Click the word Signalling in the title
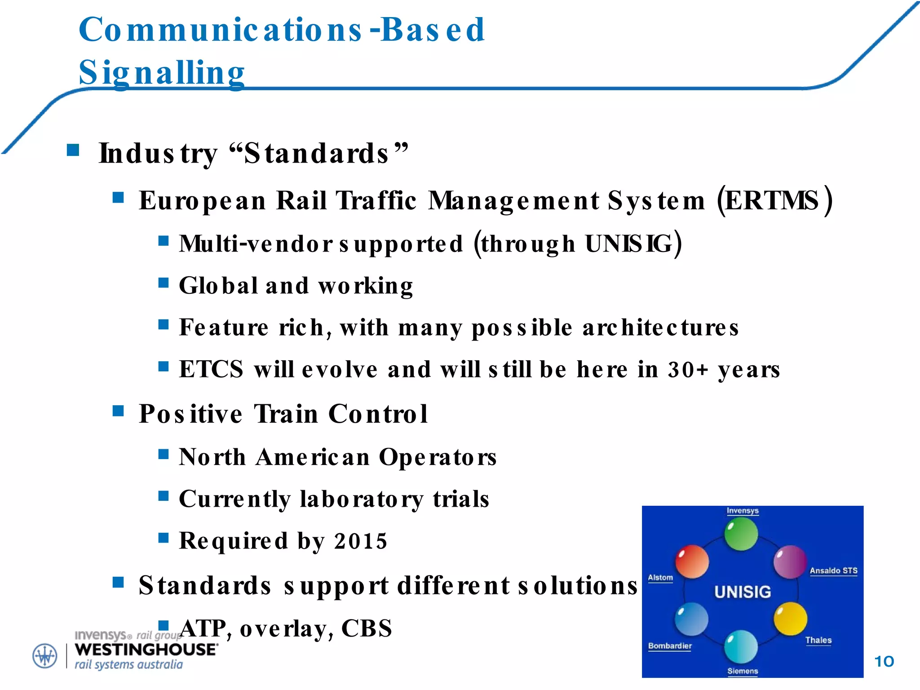(x=162, y=73)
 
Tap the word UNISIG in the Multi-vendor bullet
(x=629, y=244)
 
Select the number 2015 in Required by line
(x=360, y=541)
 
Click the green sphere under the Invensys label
(x=741, y=534)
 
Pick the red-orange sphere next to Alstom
(x=692, y=562)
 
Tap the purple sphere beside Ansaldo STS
(x=790, y=562)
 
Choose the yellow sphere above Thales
(x=790, y=619)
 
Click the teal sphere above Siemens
(x=741, y=646)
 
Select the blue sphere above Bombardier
(x=692, y=619)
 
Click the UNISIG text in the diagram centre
(x=743, y=592)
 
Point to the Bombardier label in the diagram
(x=670, y=646)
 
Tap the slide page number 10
(x=884, y=661)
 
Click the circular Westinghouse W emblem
(x=45, y=656)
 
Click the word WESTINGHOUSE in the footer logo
(x=146, y=650)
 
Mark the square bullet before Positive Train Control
(x=118, y=411)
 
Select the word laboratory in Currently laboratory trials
(x=361, y=499)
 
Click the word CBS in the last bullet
(x=367, y=628)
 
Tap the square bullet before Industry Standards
(x=73, y=150)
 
